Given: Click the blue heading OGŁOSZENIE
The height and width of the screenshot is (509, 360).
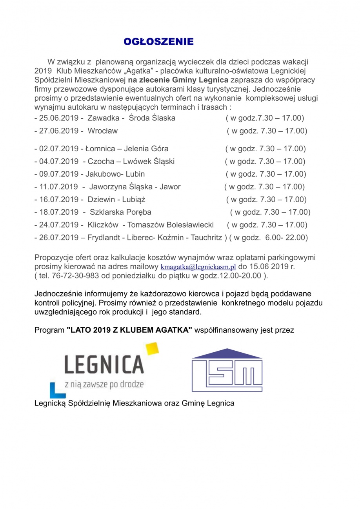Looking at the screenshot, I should tap(158, 42).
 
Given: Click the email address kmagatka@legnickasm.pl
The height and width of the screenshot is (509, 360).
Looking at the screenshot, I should tap(198, 267).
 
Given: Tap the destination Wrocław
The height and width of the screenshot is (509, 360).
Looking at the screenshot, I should tap(102, 131).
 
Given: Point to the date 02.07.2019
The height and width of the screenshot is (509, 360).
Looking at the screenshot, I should tap(59, 149).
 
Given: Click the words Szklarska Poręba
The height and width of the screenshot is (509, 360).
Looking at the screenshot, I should tap(120, 212).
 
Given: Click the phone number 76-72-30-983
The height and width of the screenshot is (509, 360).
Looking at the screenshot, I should tap(73, 275).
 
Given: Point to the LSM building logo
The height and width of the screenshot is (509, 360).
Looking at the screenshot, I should tap(227, 370).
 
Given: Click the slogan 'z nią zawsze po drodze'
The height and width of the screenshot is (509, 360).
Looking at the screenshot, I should tap(104, 384).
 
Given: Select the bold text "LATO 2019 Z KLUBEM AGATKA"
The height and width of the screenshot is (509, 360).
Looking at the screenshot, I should tap(129, 330).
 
